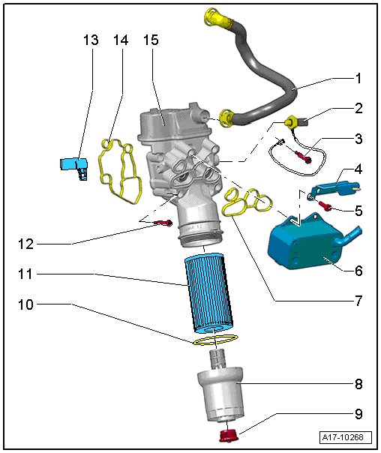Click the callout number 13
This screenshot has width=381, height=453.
click(91, 40)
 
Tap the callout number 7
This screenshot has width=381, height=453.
click(358, 301)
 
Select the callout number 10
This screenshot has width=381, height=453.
click(25, 304)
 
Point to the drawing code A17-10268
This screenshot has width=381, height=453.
click(343, 437)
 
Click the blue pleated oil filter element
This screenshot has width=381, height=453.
click(208, 293)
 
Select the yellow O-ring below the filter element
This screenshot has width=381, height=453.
click(215, 340)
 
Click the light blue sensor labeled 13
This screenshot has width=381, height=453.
click(74, 168)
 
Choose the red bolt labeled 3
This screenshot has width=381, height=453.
click(303, 156)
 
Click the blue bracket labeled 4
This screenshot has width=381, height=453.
click(335, 187)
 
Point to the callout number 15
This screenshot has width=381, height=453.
click(151, 40)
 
